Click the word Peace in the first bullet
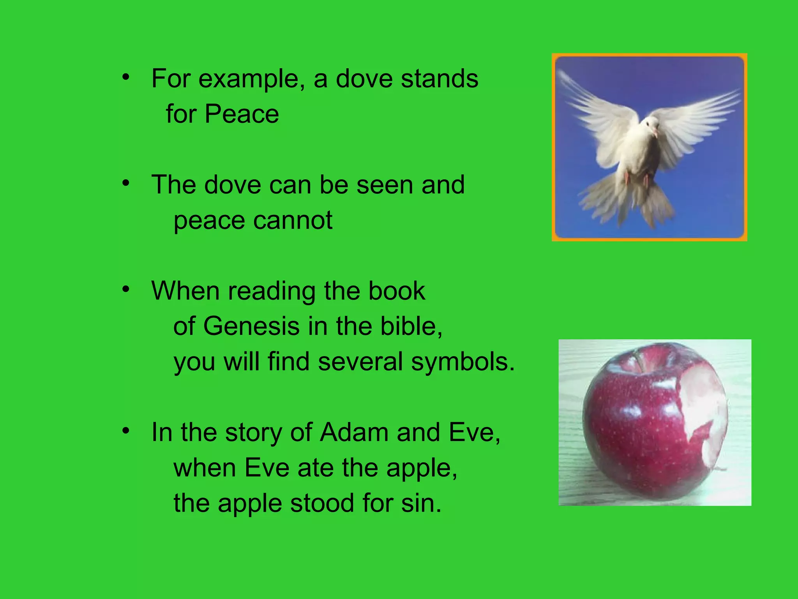coord(242,114)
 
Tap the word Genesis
coord(251,326)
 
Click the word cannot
coord(294,220)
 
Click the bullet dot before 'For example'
coord(125,77)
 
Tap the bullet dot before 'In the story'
coord(125,431)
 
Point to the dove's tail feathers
coord(627,203)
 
